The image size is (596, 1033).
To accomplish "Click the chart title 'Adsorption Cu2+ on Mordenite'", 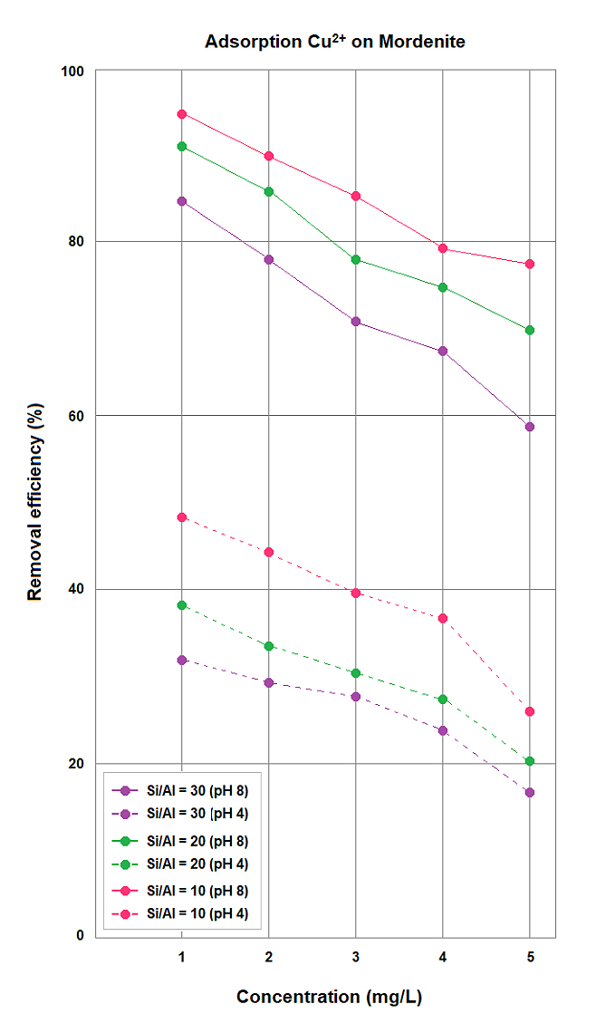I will tap(335, 42).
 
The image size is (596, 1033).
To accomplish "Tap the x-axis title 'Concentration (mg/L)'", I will tap(330, 997).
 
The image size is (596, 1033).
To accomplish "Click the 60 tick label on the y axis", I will tap(76, 416).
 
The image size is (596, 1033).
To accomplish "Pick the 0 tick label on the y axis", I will tap(80, 936).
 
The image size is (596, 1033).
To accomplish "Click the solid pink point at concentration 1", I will tap(182, 114).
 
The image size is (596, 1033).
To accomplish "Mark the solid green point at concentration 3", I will tap(356, 260).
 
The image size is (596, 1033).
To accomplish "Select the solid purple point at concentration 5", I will tap(530, 427).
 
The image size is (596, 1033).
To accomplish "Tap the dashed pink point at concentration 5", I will tap(530, 711).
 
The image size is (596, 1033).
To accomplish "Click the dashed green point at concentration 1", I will tap(182, 604).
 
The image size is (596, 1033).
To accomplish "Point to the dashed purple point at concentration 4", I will tap(443, 730).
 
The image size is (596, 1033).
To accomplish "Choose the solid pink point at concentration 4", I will tap(443, 248).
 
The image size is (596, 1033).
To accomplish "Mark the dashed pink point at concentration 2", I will tap(269, 552).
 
